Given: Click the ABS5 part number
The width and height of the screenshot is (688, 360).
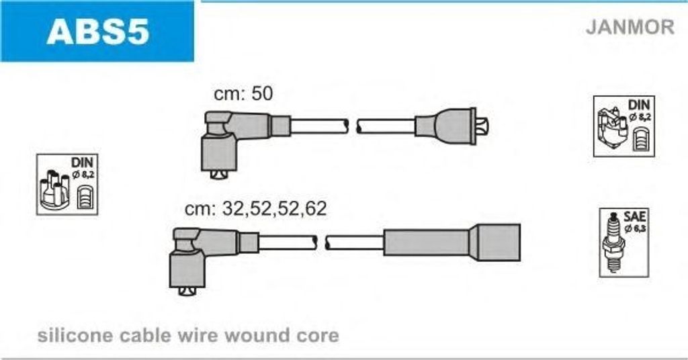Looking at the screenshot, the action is point(98,31).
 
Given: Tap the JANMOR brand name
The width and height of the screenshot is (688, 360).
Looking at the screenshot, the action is point(630,27).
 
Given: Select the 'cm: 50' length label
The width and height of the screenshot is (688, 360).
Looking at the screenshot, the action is point(243,93).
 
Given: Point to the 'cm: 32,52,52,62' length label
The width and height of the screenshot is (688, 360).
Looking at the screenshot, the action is point(256,209).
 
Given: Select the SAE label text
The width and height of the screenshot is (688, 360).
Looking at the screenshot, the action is point(634,216).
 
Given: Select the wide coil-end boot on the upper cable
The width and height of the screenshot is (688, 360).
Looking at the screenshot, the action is point(445,126).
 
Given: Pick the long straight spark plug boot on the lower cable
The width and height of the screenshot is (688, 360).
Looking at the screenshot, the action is point(452,242).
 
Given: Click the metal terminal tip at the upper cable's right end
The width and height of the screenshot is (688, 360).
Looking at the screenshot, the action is point(483,127).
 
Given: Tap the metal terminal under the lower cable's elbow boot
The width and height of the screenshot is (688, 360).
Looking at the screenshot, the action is point(188,291).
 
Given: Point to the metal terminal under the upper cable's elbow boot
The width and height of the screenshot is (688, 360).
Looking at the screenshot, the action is point(220,175).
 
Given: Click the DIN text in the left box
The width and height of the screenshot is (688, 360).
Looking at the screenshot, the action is point(81,163).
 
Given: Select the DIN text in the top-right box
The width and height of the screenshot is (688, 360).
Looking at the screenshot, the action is point(639,105).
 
